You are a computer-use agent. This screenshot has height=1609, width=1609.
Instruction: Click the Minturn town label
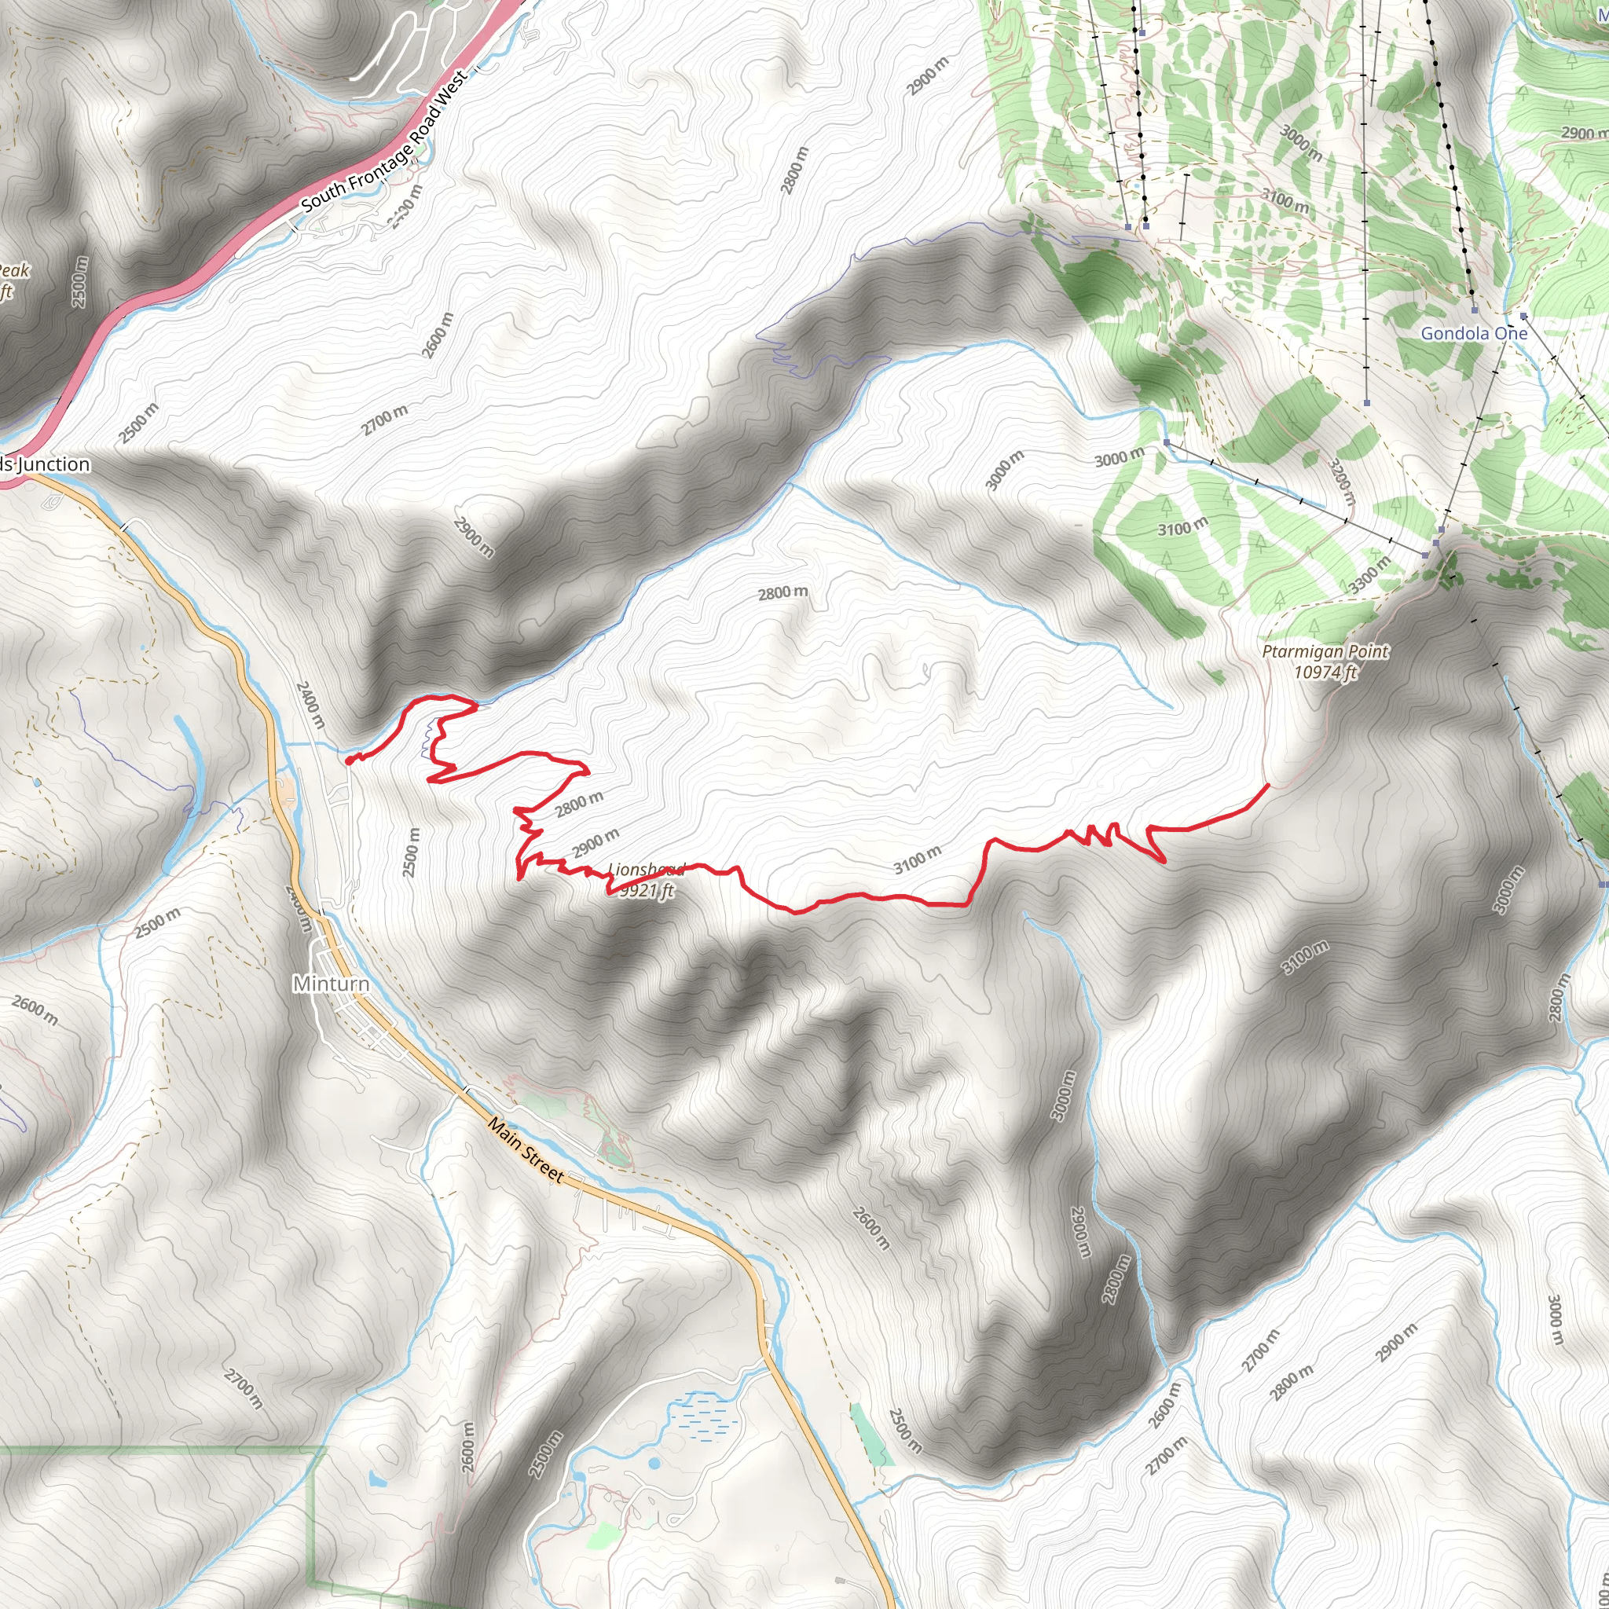(x=331, y=984)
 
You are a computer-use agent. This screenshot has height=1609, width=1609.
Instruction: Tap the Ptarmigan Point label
(x=1325, y=651)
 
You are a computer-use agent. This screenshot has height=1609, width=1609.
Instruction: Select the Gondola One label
(x=1473, y=333)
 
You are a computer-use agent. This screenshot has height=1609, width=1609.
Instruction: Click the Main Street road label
(x=526, y=1150)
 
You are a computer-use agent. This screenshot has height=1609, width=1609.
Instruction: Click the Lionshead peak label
(x=646, y=870)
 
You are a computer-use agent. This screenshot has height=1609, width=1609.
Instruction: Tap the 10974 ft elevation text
(x=1325, y=671)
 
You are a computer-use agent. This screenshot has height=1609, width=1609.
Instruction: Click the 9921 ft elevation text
(x=646, y=890)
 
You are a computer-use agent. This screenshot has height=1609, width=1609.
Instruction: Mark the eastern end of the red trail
(x=1267, y=785)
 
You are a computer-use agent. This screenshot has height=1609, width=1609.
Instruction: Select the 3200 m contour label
(x=1342, y=482)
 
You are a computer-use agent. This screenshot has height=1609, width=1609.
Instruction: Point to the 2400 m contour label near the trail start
(x=310, y=705)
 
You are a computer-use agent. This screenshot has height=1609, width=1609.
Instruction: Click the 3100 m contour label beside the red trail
(x=917, y=859)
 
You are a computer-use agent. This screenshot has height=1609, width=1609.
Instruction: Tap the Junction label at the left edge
(x=46, y=464)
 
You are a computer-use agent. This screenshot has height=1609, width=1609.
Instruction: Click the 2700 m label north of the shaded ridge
(x=385, y=420)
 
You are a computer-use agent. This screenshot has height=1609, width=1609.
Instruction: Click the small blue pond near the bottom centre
(x=653, y=1462)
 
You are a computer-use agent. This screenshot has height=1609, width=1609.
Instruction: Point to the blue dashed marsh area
(x=704, y=1416)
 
